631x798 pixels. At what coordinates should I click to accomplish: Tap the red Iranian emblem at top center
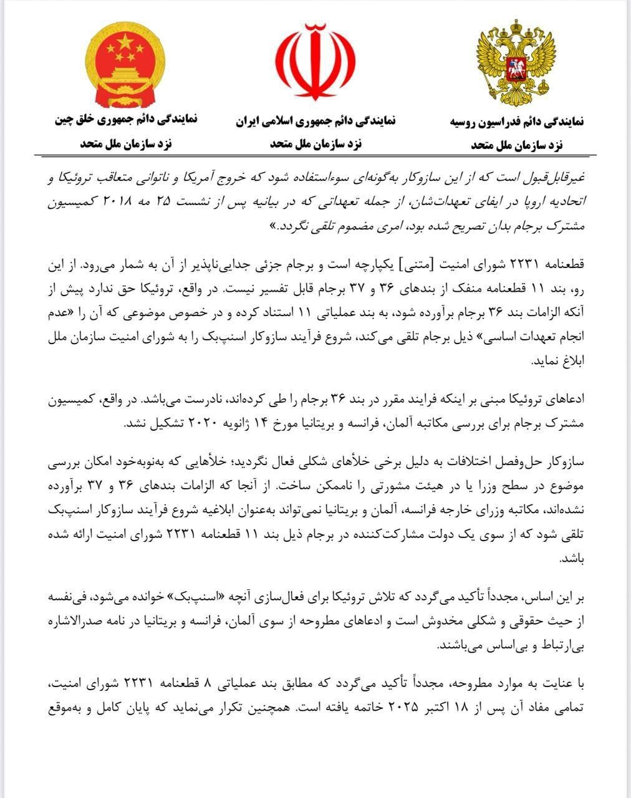point(315,62)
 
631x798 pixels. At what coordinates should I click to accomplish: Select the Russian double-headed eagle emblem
point(516,64)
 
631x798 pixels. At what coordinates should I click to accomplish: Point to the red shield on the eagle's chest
point(516,67)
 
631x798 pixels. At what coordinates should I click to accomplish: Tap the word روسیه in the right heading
point(468,122)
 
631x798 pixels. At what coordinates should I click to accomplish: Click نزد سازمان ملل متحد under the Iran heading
point(315,144)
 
